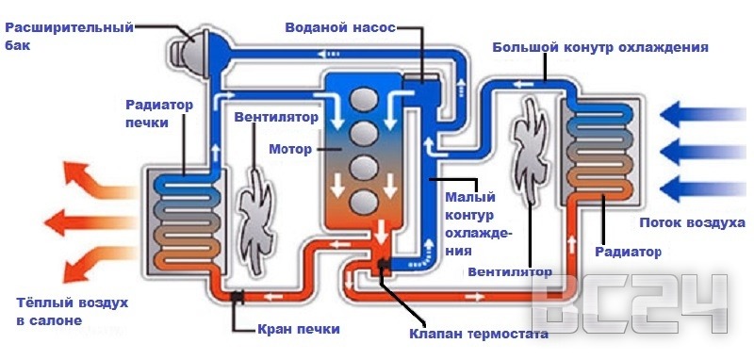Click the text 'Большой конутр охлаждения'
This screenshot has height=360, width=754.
(599, 46)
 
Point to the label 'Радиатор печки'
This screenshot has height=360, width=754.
(159, 113)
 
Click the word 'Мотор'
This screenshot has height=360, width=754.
(289, 149)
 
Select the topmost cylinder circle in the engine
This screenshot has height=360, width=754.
(363, 98)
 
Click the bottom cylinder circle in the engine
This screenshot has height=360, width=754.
(363, 202)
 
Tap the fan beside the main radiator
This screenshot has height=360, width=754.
(529, 153)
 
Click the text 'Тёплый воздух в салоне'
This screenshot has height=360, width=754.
(72, 311)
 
